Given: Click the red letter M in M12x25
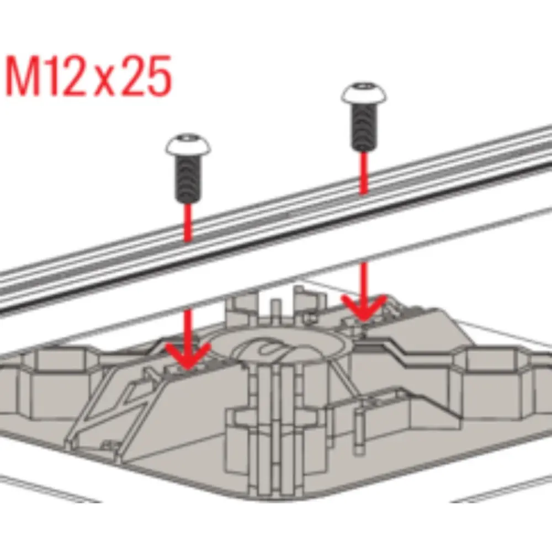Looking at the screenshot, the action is pos(23,75).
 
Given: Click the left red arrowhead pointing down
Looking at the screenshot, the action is pos(188,355).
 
